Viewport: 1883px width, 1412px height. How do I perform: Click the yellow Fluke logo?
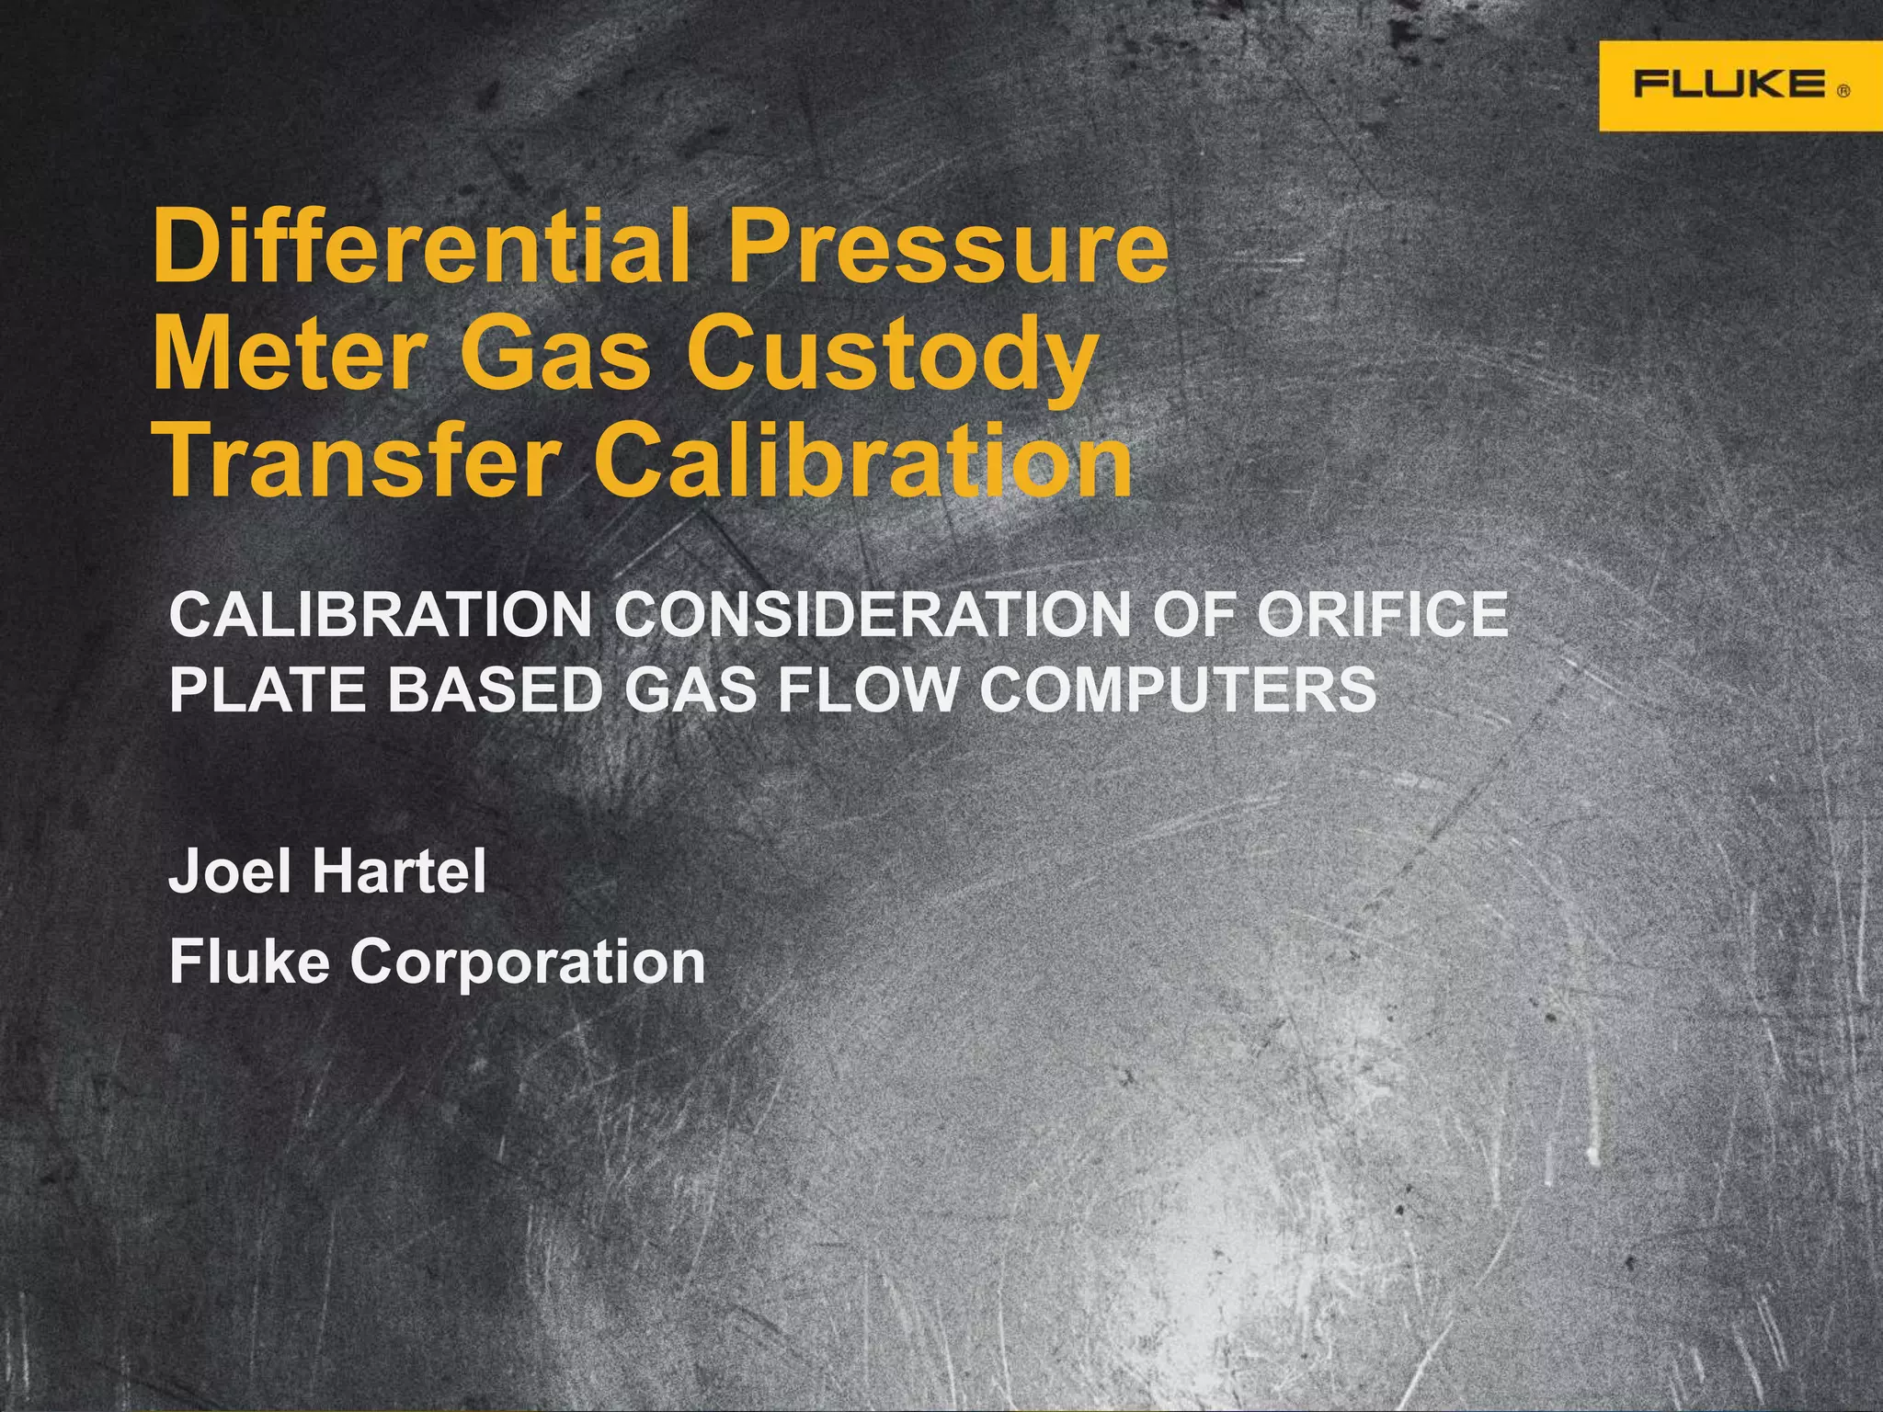point(1740,85)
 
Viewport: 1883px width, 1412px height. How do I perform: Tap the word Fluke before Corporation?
point(249,961)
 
